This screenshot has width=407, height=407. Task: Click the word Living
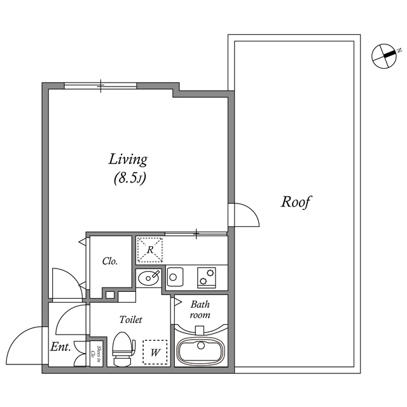pyautogui.click(x=128, y=159)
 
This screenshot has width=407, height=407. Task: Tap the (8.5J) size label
pyautogui.click(x=130, y=179)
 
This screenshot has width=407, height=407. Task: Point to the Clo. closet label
pyautogui.click(x=109, y=261)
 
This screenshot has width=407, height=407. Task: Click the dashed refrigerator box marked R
pyautogui.click(x=150, y=250)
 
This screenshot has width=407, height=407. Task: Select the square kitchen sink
pyautogui.click(x=175, y=277)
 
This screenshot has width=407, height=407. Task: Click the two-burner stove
pyautogui.click(x=207, y=277)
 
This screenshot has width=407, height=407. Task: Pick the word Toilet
pyautogui.click(x=130, y=320)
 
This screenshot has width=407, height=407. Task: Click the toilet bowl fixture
pyautogui.click(x=123, y=350)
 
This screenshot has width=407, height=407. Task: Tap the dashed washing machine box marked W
pyautogui.click(x=155, y=352)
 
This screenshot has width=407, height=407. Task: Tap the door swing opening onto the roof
pyautogui.click(x=245, y=216)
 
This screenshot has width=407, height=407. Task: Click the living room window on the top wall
pyautogui.click(x=102, y=85)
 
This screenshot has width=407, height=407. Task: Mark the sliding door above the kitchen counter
pyautogui.click(x=195, y=233)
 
